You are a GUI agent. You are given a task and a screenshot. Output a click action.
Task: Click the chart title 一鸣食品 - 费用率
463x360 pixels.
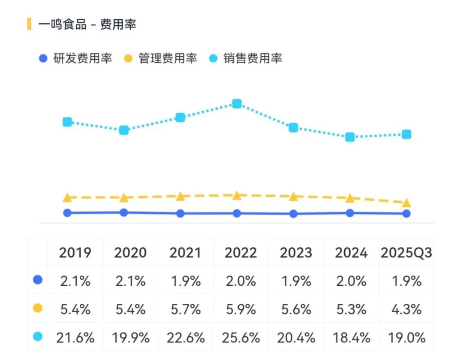[87, 24]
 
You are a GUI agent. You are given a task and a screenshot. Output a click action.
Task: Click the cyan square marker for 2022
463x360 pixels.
[237, 103]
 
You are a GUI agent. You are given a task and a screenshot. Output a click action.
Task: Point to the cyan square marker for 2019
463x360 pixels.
[67, 122]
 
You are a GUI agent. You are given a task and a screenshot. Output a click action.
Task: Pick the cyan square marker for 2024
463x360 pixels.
[350, 137]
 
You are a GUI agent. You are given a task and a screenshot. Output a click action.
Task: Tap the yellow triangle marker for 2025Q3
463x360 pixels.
[406, 203]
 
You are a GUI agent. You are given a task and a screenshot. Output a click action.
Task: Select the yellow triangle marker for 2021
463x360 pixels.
[180, 196]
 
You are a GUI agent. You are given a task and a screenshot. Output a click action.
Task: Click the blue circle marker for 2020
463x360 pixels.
[124, 212]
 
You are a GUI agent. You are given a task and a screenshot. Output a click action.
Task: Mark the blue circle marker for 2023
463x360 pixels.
[293, 214]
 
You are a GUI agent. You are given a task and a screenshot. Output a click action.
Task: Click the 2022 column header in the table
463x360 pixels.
[241, 253]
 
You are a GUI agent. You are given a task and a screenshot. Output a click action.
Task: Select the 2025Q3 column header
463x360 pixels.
[406, 253]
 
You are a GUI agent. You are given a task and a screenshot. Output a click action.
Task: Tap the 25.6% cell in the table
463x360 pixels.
[241, 338]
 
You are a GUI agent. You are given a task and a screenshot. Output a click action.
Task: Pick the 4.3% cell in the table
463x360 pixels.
[406, 309]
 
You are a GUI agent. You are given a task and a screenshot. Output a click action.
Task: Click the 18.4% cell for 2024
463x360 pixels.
[351, 338]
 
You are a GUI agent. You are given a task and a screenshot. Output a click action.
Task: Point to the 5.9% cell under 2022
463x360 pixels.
[241, 309]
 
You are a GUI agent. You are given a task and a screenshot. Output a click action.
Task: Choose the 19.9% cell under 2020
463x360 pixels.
[130, 338]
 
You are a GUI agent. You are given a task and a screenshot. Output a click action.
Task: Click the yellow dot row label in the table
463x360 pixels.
[38, 309]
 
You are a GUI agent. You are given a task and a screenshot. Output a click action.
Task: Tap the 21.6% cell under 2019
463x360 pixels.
[75, 338]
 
